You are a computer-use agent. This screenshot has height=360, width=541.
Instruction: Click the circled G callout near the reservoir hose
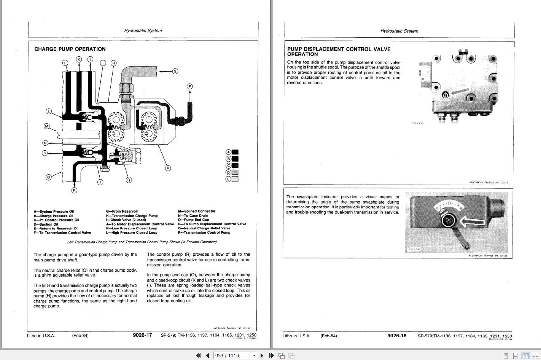175,71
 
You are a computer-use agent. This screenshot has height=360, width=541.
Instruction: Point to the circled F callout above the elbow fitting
190,86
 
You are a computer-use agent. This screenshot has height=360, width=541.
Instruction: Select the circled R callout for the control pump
168,168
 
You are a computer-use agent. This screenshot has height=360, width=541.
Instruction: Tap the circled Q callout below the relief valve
129,180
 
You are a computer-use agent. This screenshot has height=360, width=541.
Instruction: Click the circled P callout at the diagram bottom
74,190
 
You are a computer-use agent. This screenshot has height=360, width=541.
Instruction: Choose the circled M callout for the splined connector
47,126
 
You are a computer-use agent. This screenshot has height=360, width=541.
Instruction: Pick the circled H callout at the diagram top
113,63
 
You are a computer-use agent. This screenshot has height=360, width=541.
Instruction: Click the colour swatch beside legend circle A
235,152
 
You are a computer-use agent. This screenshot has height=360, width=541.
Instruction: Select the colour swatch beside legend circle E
235,179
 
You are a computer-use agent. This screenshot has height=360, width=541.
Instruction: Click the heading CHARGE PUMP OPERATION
70,49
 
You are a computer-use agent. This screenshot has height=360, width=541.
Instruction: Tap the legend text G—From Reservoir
122,211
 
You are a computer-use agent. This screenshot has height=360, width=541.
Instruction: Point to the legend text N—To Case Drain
193,215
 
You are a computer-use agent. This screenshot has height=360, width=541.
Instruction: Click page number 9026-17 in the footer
142,335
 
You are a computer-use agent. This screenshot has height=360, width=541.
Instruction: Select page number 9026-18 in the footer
397,336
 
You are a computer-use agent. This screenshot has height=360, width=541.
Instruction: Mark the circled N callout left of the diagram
45,143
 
